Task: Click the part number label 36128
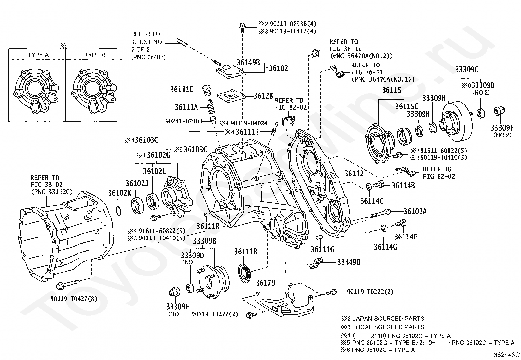pyautogui.click(x=263, y=96)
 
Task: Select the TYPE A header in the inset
pyautogui.click(x=38, y=55)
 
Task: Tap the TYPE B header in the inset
pyautogui.click(x=95, y=55)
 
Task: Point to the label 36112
pyautogui.click(x=354, y=174)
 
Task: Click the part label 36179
pyautogui.click(x=265, y=283)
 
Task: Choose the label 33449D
pyautogui.click(x=349, y=262)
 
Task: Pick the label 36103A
pyautogui.click(x=415, y=211)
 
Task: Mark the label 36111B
pyautogui.click(x=245, y=252)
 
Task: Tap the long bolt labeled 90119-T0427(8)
pyautogui.click(x=68, y=285)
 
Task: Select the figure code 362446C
pyautogui.click(x=507, y=355)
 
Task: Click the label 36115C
pyautogui.click(x=406, y=106)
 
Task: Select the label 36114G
pyautogui.click(x=386, y=247)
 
